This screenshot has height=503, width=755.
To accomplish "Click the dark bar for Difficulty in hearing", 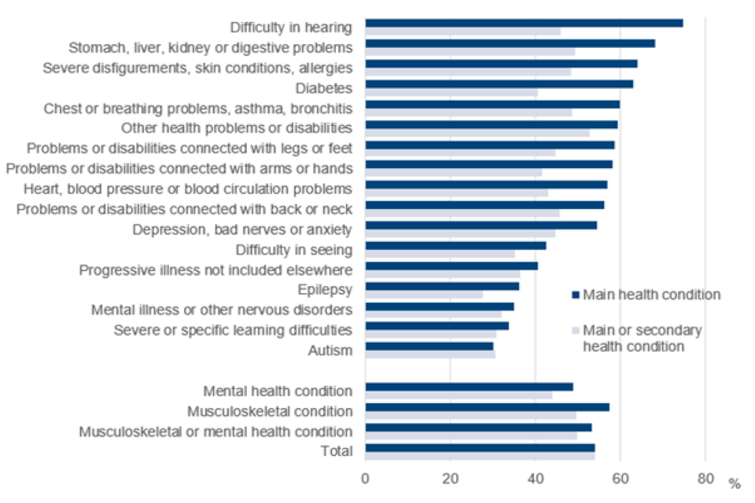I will (x=524, y=23).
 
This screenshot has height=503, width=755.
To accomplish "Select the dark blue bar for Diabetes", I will (x=499, y=83).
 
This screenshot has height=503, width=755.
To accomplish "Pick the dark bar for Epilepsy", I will (x=442, y=285).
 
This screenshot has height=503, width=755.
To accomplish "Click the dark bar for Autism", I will (x=429, y=346).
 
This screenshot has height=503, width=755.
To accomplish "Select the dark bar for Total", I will (x=480, y=447).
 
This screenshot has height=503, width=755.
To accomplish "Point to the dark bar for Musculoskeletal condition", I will (x=487, y=406).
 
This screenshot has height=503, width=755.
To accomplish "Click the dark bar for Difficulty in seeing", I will (x=455, y=245).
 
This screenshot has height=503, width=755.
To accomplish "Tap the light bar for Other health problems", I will (x=477, y=133).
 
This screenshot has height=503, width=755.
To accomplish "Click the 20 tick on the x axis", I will (x=450, y=477).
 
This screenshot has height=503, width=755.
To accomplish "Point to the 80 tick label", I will (x=705, y=477).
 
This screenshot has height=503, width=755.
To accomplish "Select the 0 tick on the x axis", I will (x=366, y=477).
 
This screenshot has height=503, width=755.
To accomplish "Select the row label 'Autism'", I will (x=330, y=351).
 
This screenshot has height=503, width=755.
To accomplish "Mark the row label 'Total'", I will (x=337, y=451).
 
